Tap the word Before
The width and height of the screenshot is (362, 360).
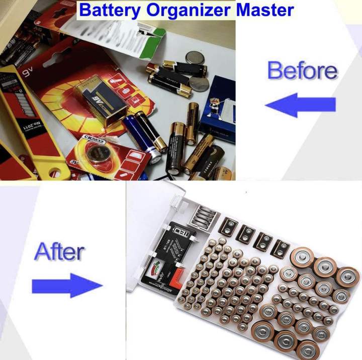(x=302, y=70)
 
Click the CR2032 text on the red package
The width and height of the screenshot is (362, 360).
(x=94, y=137)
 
